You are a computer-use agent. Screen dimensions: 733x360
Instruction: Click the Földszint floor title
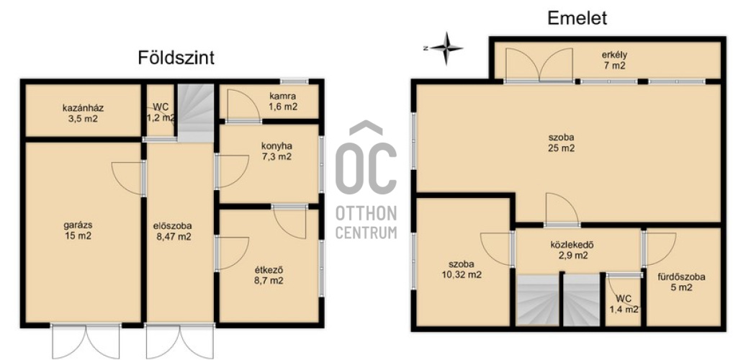pos(176,58)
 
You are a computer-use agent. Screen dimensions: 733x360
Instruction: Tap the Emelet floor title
pos(577,18)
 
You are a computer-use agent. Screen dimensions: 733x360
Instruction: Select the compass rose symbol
pos(446,48)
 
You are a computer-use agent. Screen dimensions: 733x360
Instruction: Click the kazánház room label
pos(83,113)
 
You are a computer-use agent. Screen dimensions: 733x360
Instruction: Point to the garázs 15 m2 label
pos(78,230)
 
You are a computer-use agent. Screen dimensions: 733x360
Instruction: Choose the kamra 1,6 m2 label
pos(282,102)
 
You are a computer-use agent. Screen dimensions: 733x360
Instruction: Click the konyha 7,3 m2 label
pos(276,151)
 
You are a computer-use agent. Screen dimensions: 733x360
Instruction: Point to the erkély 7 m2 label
pos(613,60)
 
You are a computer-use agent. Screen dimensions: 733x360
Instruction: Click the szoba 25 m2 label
pos(562,143)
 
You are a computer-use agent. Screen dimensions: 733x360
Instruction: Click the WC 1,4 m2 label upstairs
pos(624,303)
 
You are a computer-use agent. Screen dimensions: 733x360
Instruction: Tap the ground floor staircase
pos(195,112)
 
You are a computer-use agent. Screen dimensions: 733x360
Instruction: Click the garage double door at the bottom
pos(86,341)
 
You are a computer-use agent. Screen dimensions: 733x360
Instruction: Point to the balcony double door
pos(539,65)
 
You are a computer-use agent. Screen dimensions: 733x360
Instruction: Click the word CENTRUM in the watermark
pos(366,233)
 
